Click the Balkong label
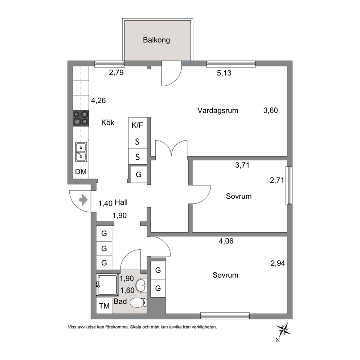tap(156, 40)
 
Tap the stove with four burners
tap(81, 118)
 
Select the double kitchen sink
tap(81, 152)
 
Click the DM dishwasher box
tap(81, 172)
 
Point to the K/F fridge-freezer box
tap(137, 125)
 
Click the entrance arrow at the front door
tap(83, 200)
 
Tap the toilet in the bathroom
tap(138, 302)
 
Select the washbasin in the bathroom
tap(141, 285)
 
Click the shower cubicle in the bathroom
tap(107, 285)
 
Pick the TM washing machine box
tap(104, 306)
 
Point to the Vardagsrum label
tap(218, 110)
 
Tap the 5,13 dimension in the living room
tap(224, 73)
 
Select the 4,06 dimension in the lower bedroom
tap(226, 241)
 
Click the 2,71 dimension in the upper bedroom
tap(277, 180)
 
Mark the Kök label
tap(108, 122)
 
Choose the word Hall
tap(121, 202)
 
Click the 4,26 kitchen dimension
tap(98, 101)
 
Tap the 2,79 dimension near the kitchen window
tap(116, 73)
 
